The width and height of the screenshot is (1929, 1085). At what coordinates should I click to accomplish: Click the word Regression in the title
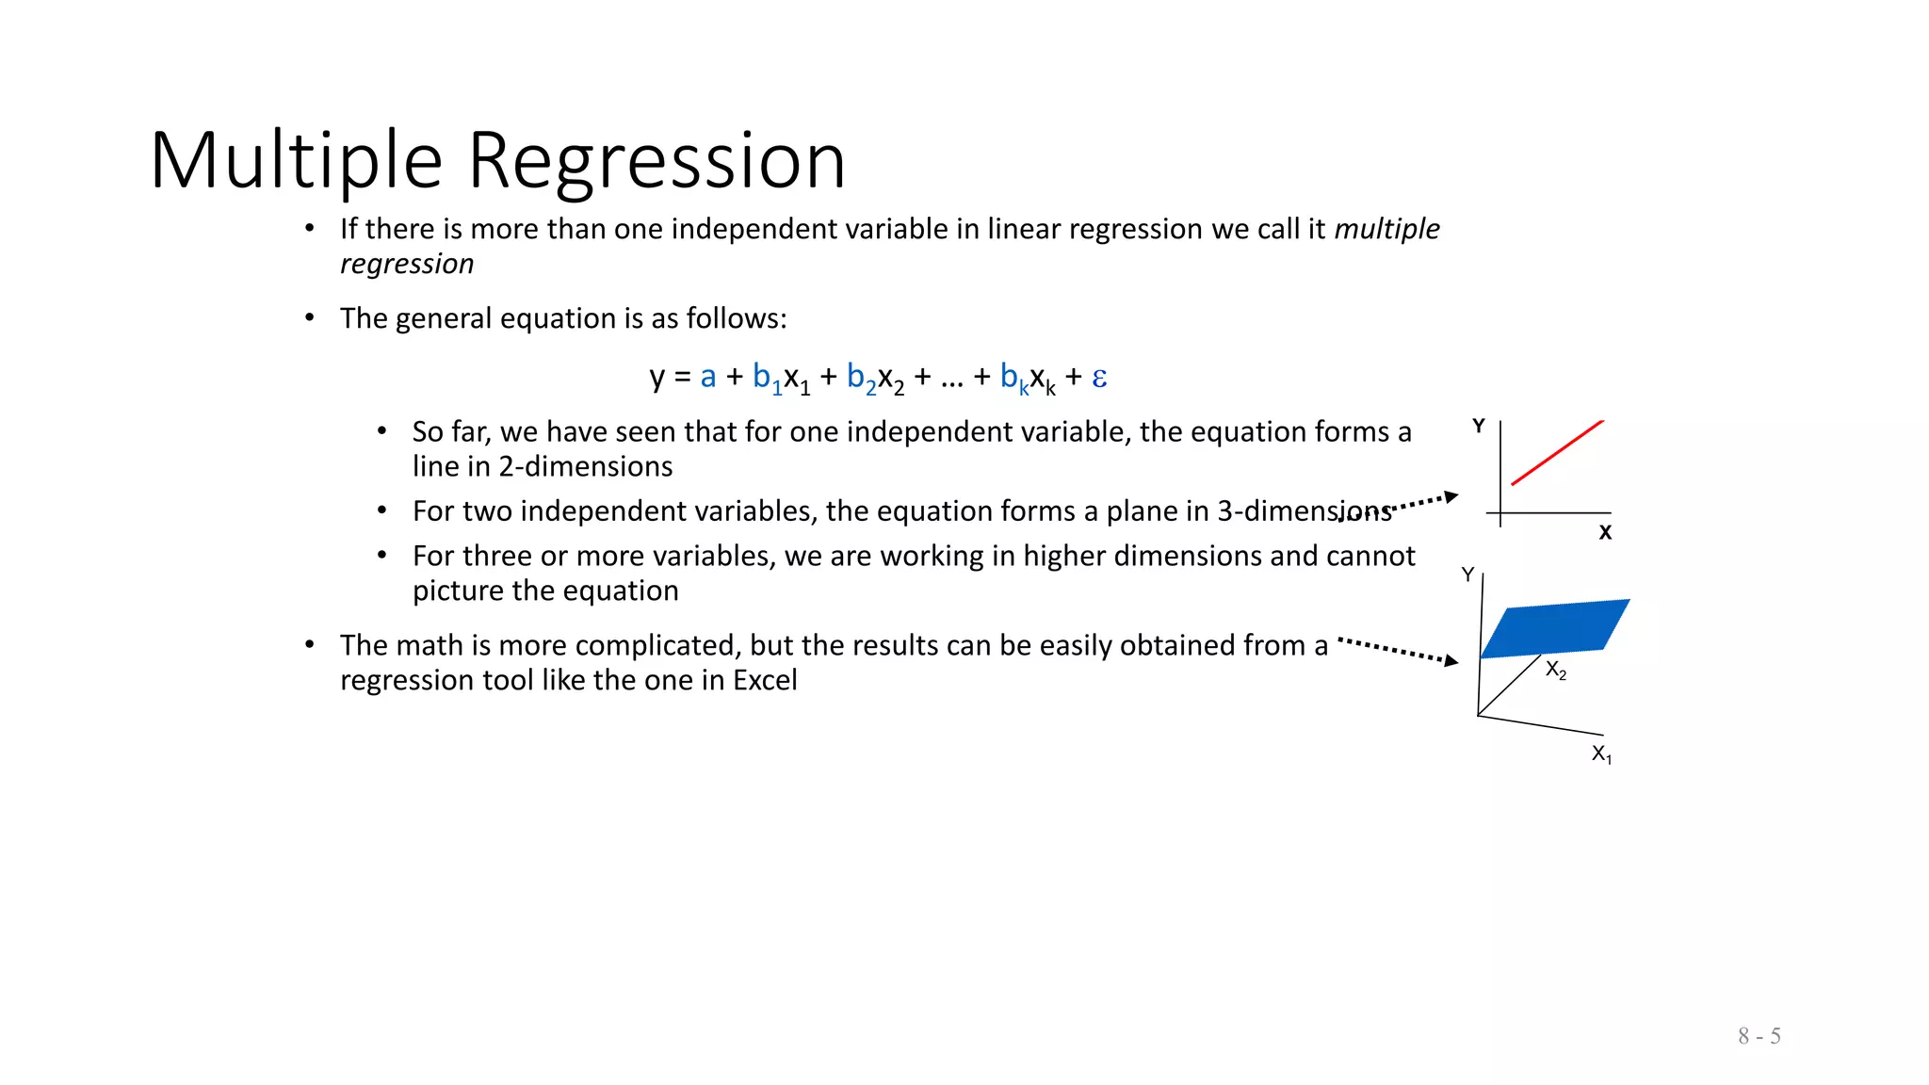click(x=657, y=162)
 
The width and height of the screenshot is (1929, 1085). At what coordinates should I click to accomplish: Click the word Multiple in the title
click(x=296, y=162)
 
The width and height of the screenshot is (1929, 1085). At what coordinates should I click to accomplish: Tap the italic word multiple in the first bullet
click(x=1386, y=229)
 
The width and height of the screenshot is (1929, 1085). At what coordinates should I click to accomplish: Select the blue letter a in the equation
click(x=708, y=377)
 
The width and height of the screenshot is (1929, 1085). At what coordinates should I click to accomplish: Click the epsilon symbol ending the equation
click(x=1099, y=378)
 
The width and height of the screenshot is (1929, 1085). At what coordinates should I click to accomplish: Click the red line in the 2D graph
click(x=1557, y=453)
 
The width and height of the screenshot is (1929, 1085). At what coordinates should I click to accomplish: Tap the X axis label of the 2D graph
click(x=1605, y=533)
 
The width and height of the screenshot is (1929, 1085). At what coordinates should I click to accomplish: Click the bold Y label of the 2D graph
click(x=1479, y=427)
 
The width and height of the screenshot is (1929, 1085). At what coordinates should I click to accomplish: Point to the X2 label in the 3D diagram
click(x=1555, y=671)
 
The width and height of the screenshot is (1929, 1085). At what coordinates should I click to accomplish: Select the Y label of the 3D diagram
click(x=1467, y=575)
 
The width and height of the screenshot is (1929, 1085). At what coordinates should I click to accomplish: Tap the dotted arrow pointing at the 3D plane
click(x=1398, y=651)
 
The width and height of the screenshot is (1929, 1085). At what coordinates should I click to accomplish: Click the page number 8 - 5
click(x=1759, y=1036)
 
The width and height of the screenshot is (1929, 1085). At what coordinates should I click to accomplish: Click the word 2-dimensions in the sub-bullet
click(x=585, y=466)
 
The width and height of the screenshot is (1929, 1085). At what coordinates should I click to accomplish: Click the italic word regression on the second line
click(x=407, y=264)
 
